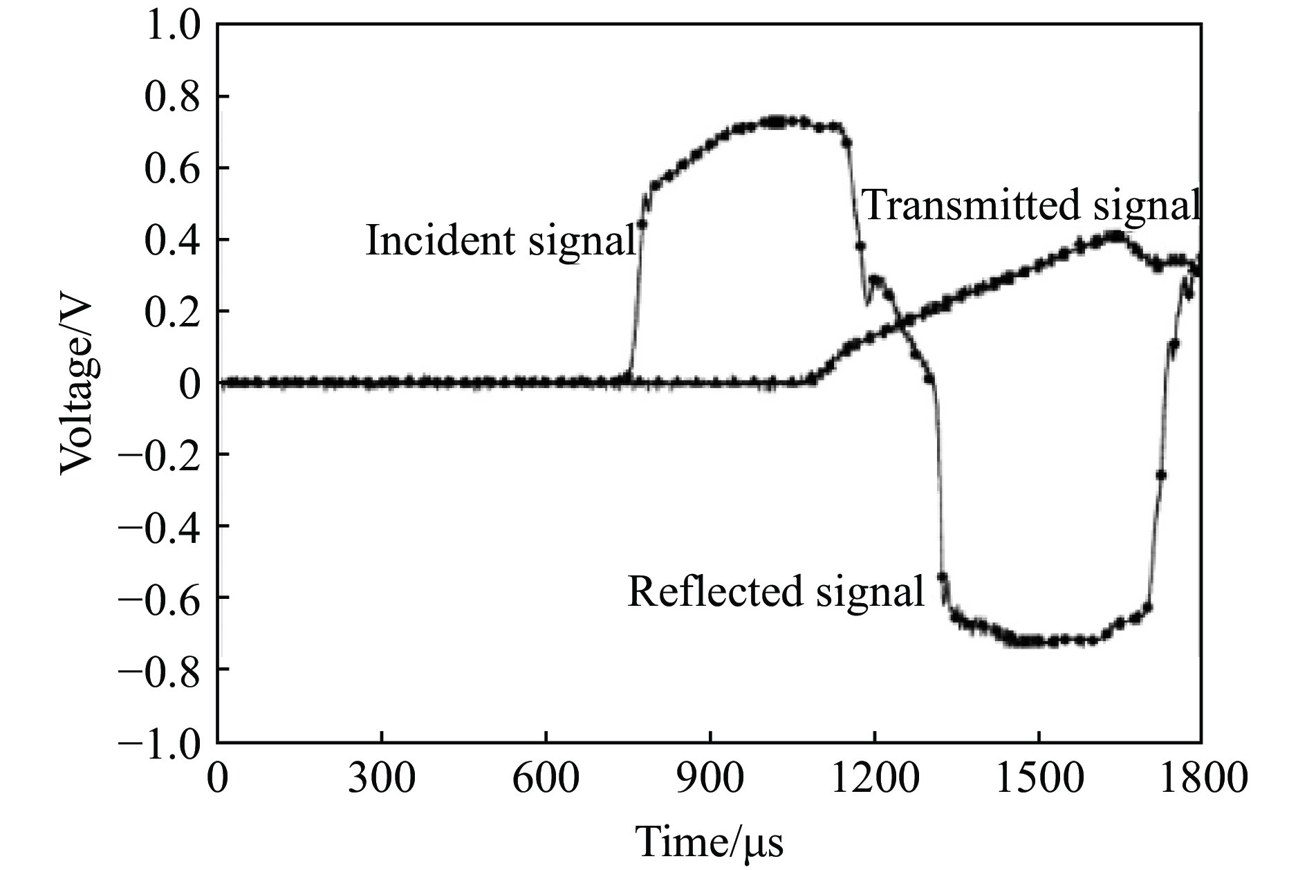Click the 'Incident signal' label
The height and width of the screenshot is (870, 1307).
500,241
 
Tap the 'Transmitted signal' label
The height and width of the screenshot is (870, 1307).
1030,205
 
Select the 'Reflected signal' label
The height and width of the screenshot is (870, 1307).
775,592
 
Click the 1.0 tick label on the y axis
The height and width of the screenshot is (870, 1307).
172,26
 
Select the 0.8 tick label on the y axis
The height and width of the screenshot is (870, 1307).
172,97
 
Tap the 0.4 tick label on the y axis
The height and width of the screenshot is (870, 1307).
172,240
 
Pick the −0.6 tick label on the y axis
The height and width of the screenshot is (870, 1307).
160,598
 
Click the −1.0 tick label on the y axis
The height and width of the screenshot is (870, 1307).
160,741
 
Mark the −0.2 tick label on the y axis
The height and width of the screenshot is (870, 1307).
160,454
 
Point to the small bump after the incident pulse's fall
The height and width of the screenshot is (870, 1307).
877,279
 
